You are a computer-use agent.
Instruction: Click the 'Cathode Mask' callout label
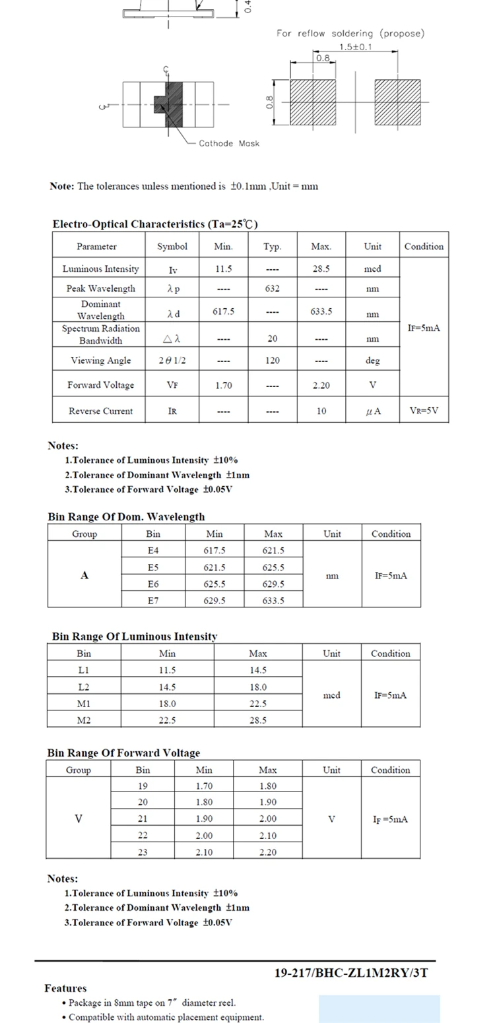coord(229,143)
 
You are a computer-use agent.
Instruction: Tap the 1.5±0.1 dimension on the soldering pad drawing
coord(355,47)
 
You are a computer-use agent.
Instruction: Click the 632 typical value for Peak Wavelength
coord(272,288)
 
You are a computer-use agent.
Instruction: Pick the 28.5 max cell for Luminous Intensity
coord(321,268)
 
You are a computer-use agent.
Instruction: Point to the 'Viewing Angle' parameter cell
coord(101,360)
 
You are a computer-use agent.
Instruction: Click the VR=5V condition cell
coord(424,410)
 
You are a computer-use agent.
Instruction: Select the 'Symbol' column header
coord(172,246)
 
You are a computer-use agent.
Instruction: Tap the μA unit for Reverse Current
coord(373,411)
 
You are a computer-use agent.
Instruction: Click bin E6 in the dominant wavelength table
coord(153,584)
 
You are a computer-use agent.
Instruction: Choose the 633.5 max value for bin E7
coord(273,600)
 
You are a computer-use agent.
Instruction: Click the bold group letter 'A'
coord(84,575)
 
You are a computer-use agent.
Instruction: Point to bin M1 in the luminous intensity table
coord(84,704)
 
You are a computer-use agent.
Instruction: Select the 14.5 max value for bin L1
coord(257,670)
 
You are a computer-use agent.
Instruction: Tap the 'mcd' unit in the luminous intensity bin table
coord(331,695)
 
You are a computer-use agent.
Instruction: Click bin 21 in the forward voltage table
coord(143,819)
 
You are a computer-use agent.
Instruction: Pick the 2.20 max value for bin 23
coord(267,852)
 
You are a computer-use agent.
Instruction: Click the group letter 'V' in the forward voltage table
coord(79,819)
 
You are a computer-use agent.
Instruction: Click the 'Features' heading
coord(65,988)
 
